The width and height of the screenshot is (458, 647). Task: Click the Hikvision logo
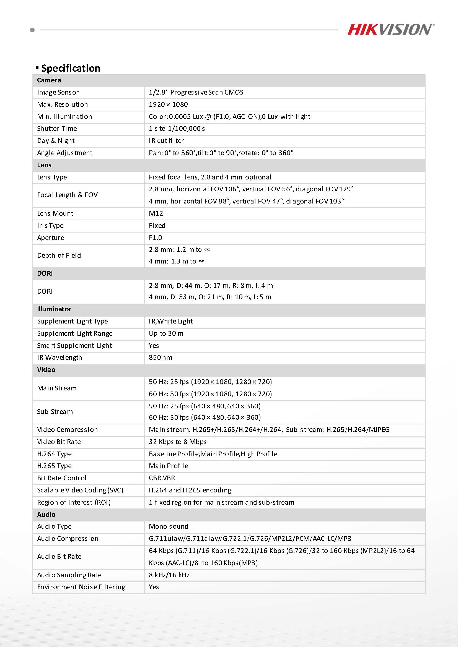390,30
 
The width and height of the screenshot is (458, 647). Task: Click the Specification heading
71,68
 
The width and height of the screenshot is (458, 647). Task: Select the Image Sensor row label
58,92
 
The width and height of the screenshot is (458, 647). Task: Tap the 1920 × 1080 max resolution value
168,105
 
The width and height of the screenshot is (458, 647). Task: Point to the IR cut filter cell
166,141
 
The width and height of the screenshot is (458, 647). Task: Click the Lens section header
44,165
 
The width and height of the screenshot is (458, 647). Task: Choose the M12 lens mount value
156,213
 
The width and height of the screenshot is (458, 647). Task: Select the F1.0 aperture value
156,238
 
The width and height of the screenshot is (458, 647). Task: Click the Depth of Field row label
59,255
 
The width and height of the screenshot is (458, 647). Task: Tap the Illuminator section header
54,309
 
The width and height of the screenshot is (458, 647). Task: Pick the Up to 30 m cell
166,333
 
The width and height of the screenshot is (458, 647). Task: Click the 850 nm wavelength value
160,358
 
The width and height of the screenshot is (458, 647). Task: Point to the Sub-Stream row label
55,412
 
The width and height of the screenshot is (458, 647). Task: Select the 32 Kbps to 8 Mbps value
177,442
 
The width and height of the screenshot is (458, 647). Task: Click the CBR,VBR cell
162,478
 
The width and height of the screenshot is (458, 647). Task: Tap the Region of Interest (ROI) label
74,502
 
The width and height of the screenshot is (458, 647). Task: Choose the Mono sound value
168,526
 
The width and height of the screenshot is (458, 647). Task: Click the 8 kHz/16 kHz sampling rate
169,575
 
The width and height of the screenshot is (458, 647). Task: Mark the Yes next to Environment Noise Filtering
154,587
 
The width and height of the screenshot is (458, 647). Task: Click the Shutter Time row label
57,129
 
